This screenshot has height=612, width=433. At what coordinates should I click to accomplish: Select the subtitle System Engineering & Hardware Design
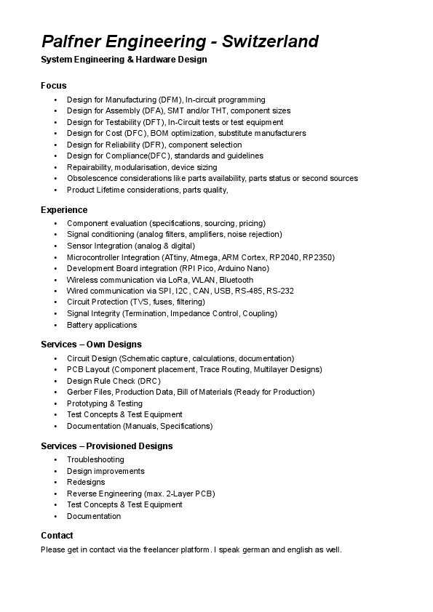[124, 59]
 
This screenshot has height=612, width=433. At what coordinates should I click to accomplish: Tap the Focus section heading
[53, 86]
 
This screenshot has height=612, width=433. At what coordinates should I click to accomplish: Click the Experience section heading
[64, 210]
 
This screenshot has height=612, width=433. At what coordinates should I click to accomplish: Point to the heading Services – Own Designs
[91, 345]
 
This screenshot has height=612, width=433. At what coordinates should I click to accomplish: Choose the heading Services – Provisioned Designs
[106, 446]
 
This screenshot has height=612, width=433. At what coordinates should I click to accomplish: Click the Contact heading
[57, 536]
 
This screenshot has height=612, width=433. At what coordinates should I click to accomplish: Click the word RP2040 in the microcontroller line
[284, 257]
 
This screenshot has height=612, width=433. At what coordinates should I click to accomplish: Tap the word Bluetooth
[237, 280]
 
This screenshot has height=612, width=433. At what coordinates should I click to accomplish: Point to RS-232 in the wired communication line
[280, 291]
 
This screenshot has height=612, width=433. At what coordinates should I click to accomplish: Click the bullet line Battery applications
[102, 325]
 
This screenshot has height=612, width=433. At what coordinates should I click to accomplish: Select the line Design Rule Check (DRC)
[114, 381]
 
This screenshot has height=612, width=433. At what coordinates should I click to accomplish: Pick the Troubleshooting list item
[95, 459]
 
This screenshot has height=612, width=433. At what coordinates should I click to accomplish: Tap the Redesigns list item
[86, 482]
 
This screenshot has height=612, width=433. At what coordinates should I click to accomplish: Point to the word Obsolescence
[92, 178]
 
